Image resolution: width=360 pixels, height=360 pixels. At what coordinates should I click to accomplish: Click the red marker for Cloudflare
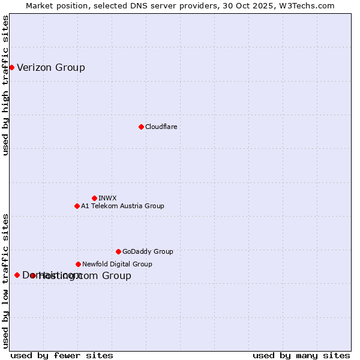coord(141,127)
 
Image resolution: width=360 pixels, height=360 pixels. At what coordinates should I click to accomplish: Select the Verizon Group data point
coord(11,67)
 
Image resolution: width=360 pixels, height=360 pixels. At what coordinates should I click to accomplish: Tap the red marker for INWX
coord(94,198)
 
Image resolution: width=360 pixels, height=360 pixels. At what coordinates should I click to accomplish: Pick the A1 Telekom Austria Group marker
coord(77,206)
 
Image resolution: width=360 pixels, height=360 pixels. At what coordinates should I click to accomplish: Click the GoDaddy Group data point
coord(118,251)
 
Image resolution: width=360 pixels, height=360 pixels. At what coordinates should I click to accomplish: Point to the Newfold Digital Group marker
coord(78,264)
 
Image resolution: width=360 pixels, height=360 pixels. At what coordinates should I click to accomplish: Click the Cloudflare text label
coord(161,127)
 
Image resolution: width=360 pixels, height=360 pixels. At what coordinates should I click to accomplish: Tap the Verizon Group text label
coord(51,67)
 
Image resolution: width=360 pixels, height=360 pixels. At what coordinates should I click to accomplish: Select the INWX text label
coord(107,198)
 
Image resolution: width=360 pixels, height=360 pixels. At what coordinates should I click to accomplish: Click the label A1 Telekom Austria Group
coord(122,206)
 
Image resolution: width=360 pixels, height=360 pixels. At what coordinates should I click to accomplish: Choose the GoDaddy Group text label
coord(148,251)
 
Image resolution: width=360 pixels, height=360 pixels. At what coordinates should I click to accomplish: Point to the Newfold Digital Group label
coord(117,264)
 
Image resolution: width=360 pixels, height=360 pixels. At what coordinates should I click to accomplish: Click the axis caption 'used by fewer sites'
coord(62,355)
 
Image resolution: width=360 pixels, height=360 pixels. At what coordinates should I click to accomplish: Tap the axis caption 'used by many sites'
coord(301,355)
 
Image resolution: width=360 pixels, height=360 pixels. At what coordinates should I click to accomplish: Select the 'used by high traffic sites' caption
coord(5,85)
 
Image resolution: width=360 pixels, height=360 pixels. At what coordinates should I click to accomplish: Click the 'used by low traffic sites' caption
coord(5,281)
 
